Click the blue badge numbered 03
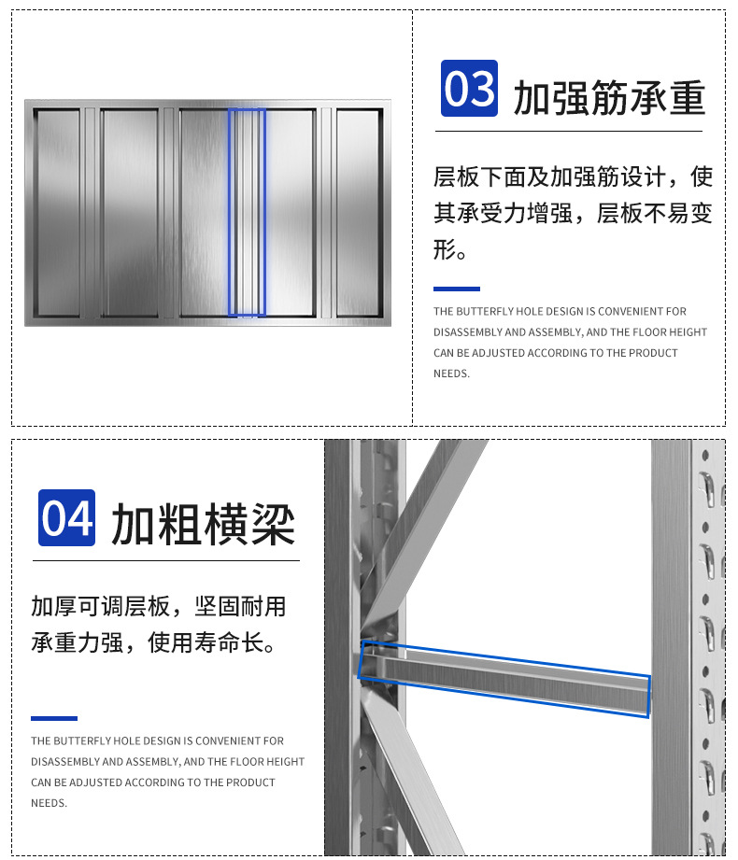coord(469,90)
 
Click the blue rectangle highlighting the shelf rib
coord(248,212)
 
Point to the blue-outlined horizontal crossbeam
coord(504,679)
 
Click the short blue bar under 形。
coord(456,289)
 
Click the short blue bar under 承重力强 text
coord(53,718)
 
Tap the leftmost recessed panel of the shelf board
coord(58,212)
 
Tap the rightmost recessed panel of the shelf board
coord(359,212)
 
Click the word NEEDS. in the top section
coord(451,374)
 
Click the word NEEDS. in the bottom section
coord(49,803)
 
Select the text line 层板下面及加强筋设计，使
coord(572,176)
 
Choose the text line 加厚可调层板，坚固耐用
coord(158,607)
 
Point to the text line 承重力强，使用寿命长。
coord(152,644)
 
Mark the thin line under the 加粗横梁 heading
coord(166,560)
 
